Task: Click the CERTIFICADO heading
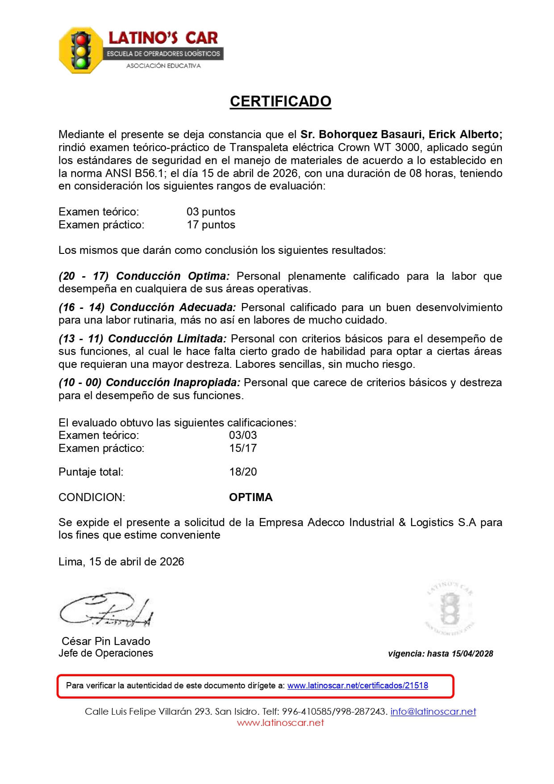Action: pyautogui.click(x=280, y=101)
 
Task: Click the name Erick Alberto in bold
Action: pyautogui.click(x=465, y=135)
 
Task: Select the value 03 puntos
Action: pyautogui.click(x=211, y=212)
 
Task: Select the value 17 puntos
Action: pyautogui.click(x=211, y=225)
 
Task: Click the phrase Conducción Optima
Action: pyautogui.click(x=173, y=276)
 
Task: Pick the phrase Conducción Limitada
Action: pyautogui.click(x=167, y=339)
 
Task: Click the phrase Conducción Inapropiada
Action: pyautogui.click(x=173, y=383)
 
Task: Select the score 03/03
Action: pyautogui.click(x=243, y=435)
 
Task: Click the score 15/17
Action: pyautogui.click(x=243, y=448)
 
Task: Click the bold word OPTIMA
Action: pyautogui.click(x=250, y=497)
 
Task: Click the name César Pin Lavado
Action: pyautogui.click(x=106, y=641)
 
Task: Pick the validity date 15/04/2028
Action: pyautogui.click(x=472, y=654)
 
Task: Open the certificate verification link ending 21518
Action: pyautogui.click(x=357, y=686)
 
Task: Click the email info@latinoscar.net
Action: pyautogui.click(x=433, y=712)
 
